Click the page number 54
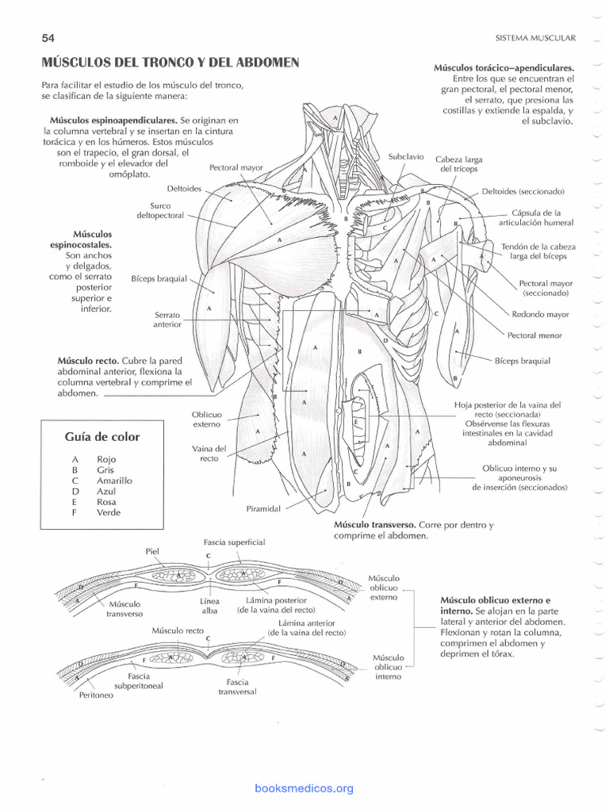(x=47, y=38)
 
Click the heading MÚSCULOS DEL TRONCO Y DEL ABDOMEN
(x=170, y=62)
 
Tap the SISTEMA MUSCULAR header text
(x=535, y=37)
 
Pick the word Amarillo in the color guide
(x=114, y=481)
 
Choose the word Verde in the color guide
(x=109, y=512)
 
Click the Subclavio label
(x=406, y=157)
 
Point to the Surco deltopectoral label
(x=159, y=210)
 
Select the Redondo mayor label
(x=540, y=314)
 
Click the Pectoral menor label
(x=534, y=335)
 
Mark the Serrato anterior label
(x=167, y=319)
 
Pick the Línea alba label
(x=209, y=606)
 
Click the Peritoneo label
(x=96, y=695)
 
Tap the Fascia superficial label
(x=234, y=542)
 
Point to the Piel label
(x=153, y=550)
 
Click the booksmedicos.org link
(x=304, y=788)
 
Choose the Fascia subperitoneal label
(x=139, y=681)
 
